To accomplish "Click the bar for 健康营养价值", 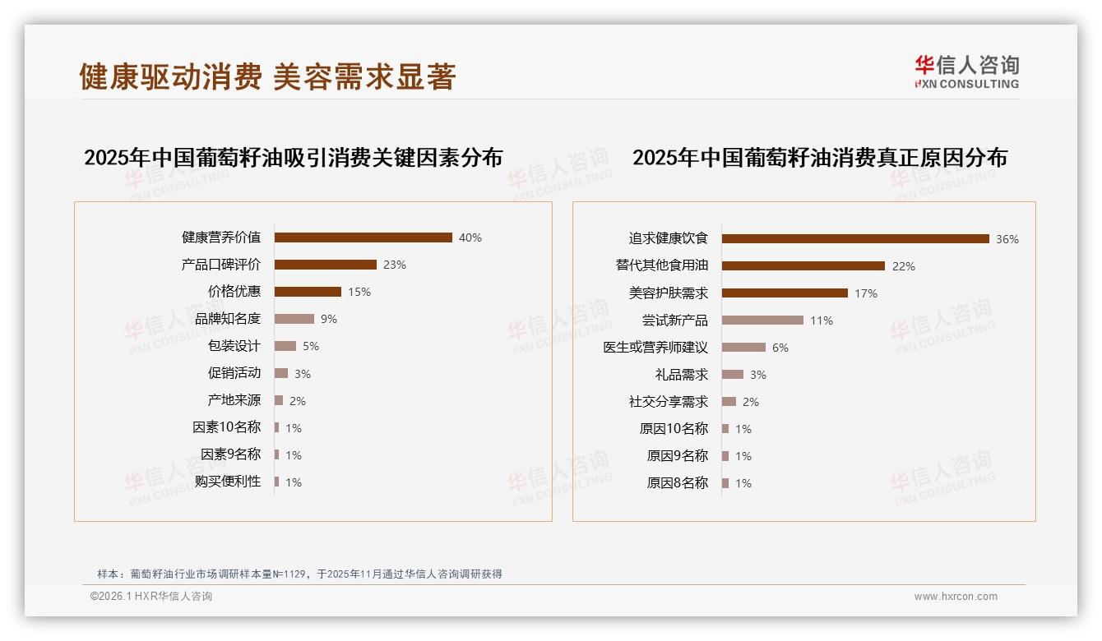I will pyautogui.click(x=363, y=237).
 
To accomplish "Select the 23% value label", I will pyautogui.click(x=395, y=265).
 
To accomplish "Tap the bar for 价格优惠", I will pyautogui.click(x=308, y=292).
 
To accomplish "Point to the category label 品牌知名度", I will pyautogui.click(x=227, y=319).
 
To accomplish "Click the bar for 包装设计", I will pyautogui.click(x=285, y=346).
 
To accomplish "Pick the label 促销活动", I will pyautogui.click(x=234, y=373).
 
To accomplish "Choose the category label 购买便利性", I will pyautogui.click(x=227, y=482).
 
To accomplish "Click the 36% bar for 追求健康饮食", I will pyautogui.click(x=855, y=239).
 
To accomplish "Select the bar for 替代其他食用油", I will pyautogui.click(x=803, y=266).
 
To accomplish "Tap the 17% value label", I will pyautogui.click(x=866, y=293).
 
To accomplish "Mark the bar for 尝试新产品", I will pyautogui.click(x=762, y=320).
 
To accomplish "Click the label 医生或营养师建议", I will pyautogui.click(x=655, y=348).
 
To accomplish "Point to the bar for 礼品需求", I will pyautogui.click(x=732, y=375).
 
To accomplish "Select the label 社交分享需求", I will pyautogui.click(x=668, y=402).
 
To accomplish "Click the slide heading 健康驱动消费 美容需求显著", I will pyautogui.click(x=267, y=76).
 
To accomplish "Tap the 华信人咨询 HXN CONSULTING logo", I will pyautogui.click(x=966, y=72).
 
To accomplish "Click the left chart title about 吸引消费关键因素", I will pyautogui.click(x=293, y=158).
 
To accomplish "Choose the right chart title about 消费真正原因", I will pyautogui.click(x=819, y=158).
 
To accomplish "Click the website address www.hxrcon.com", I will pyautogui.click(x=956, y=597).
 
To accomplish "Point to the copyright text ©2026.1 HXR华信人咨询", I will pyautogui.click(x=151, y=597).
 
